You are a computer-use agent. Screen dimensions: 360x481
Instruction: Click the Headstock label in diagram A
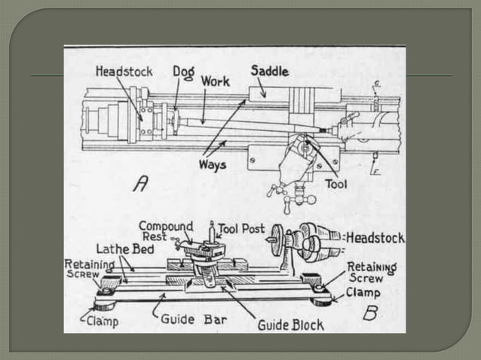[124, 72]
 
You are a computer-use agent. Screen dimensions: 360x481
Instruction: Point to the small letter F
[377, 172]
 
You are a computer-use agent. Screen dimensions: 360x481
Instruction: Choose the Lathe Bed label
[120, 249]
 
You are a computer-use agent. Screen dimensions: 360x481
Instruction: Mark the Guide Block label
[290, 325]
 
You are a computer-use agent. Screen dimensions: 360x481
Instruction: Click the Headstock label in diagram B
[375, 238]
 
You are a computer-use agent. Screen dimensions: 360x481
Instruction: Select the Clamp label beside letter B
[363, 293]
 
